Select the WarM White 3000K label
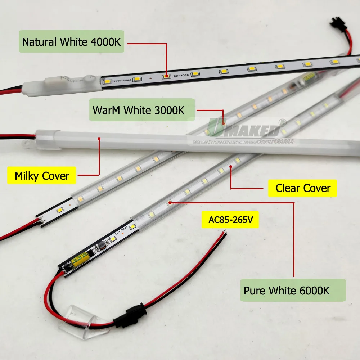pyautogui.click(x=141, y=110)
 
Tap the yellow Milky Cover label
pyautogui.click(x=42, y=176)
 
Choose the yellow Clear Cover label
pyautogui.click(x=302, y=188)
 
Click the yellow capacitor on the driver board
pyautogui.click(x=79, y=261)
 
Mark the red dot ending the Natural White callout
pyautogui.click(x=167, y=76)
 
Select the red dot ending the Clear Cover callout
pyautogui.click(x=231, y=166)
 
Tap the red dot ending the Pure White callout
pyautogui.click(x=170, y=203)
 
